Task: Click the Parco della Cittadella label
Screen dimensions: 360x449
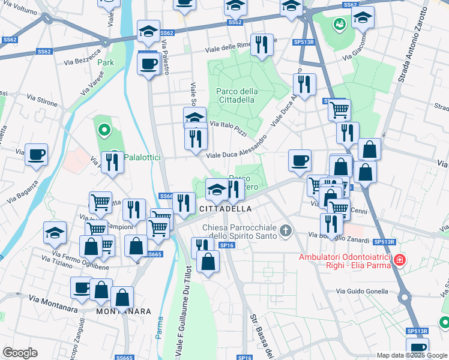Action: coord(237,95)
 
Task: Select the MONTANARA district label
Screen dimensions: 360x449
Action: coord(122,312)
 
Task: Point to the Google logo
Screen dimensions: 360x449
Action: coord(20,353)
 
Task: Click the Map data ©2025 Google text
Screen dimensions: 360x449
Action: coord(412,355)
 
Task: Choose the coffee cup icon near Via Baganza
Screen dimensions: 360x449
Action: coord(36,155)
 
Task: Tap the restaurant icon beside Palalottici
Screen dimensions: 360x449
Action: coord(113,163)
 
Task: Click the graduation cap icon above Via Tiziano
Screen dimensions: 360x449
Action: coord(55,233)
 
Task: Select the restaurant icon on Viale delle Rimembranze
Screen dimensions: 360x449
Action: coord(261,46)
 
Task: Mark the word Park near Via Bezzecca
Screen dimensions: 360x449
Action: coord(106,62)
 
